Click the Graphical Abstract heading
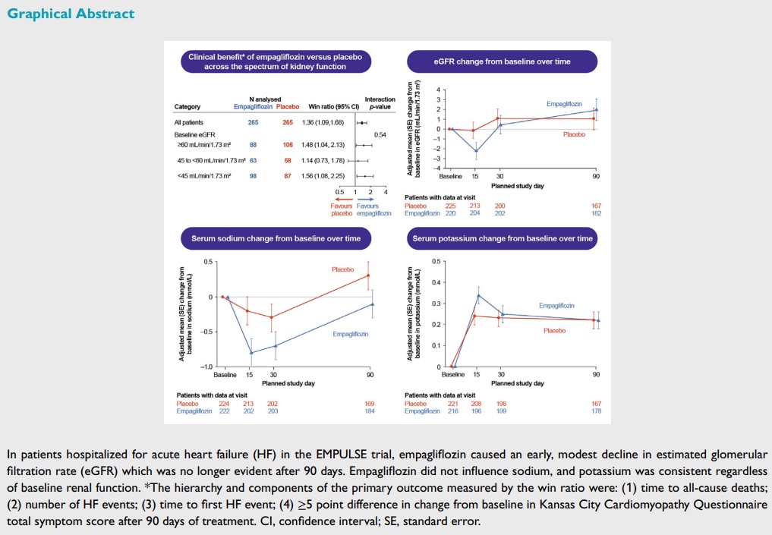pos(71,14)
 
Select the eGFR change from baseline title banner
pos(502,61)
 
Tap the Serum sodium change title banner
pos(276,238)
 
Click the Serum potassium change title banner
pos(502,238)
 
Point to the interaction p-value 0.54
pos(380,134)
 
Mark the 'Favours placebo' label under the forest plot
pos(341,209)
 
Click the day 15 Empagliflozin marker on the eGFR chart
pos(476,151)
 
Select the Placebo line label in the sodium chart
pos(343,269)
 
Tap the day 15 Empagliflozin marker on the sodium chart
pos(251,353)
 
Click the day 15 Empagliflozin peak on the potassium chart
pos(478,295)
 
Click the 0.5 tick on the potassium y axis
pos(436,262)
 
